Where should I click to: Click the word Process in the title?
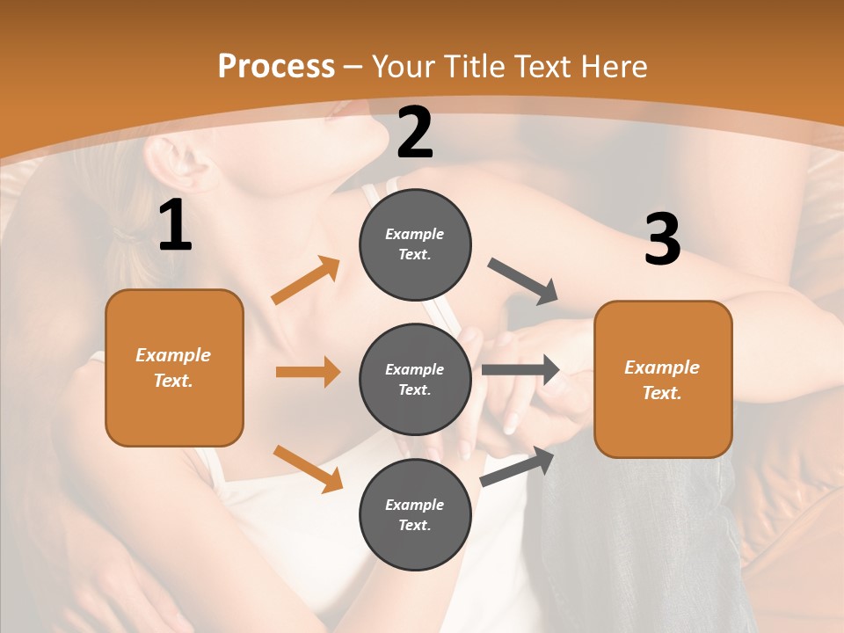point(276,67)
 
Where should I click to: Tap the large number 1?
point(175,226)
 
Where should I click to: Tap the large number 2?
point(415,133)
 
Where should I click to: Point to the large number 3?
point(662,239)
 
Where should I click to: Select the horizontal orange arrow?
point(308,372)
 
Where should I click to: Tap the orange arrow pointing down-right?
point(308,469)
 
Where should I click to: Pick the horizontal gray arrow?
point(520,370)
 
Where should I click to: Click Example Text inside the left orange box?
point(173,367)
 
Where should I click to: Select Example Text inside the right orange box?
point(662,380)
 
